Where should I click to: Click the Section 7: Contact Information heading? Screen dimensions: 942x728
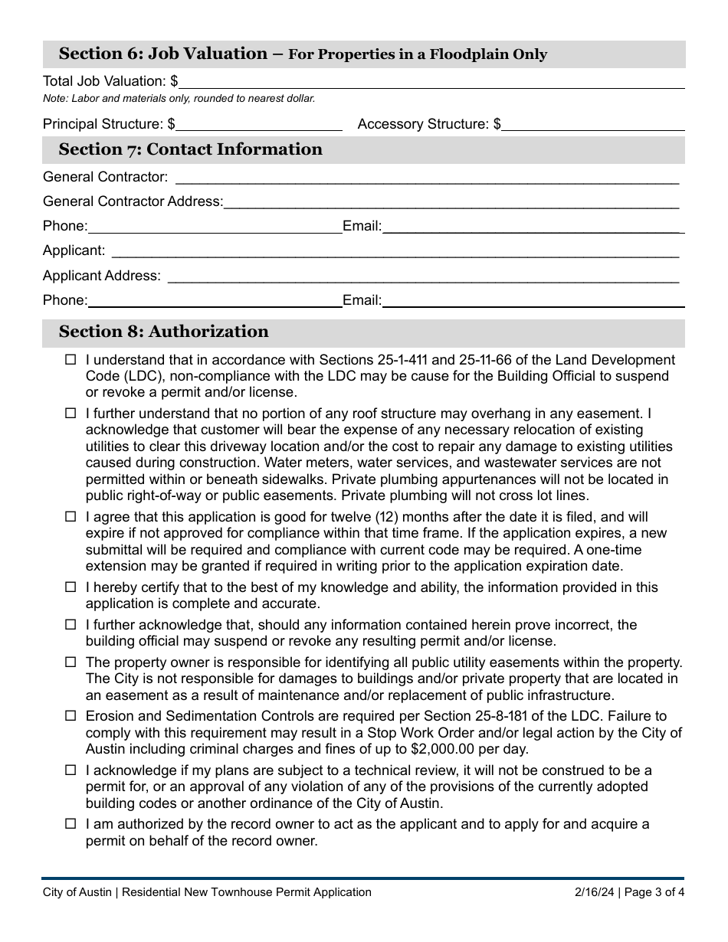[x=190, y=149]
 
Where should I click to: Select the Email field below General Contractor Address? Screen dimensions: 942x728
[x=533, y=226]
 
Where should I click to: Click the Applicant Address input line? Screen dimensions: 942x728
[x=422, y=276]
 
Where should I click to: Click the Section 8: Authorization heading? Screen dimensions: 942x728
[x=163, y=332]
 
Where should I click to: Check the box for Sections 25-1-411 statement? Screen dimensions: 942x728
[x=71, y=359]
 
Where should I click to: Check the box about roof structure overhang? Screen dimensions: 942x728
[x=71, y=414]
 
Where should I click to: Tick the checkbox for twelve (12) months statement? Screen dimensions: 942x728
[x=71, y=517]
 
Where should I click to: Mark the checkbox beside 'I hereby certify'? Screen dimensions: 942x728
[x=71, y=587]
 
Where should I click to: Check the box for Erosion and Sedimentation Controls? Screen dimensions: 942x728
[x=71, y=716]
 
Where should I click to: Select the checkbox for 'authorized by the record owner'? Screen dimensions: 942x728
[x=71, y=824]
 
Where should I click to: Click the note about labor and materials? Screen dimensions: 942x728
[x=179, y=98]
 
